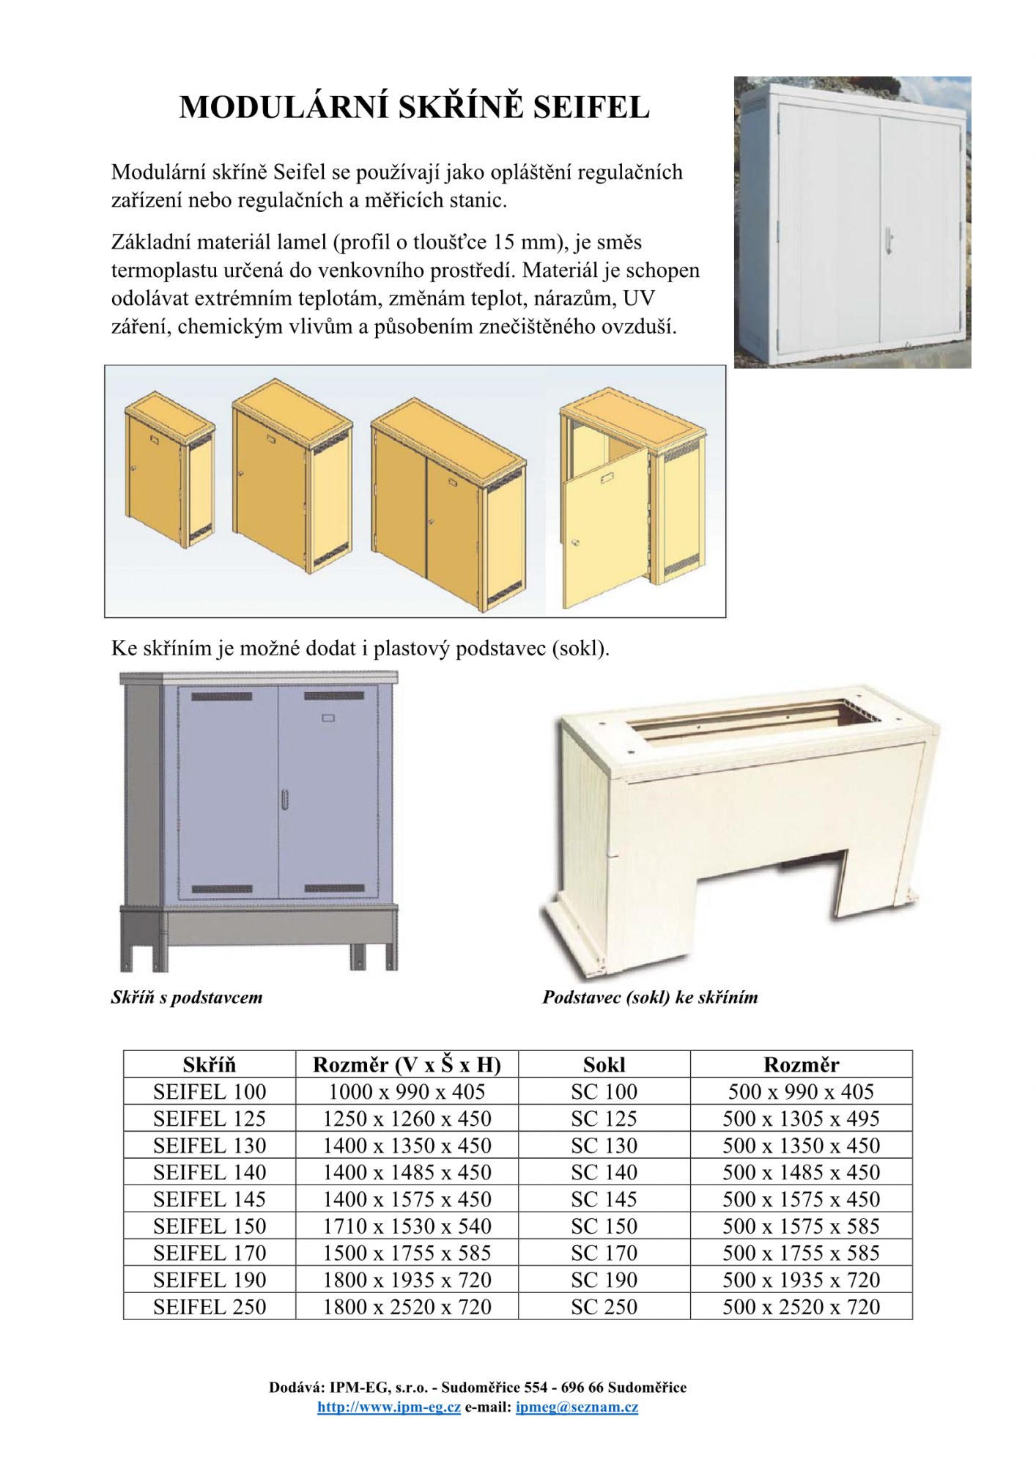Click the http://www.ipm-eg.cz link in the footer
(388, 1407)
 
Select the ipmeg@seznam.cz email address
(577, 1407)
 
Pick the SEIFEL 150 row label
(210, 1226)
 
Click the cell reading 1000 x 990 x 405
(407, 1091)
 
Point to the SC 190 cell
(604, 1280)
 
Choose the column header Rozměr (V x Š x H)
(407, 1064)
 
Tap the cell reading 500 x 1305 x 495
(801, 1119)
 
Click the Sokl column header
(604, 1064)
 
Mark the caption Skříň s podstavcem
(187, 997)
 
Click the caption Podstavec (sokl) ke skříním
(650, 997)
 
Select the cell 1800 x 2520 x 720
(407, 1306)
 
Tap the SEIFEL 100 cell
(210, 1091)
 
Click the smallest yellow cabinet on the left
(169, 469)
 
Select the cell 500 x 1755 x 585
(801, 1253)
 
